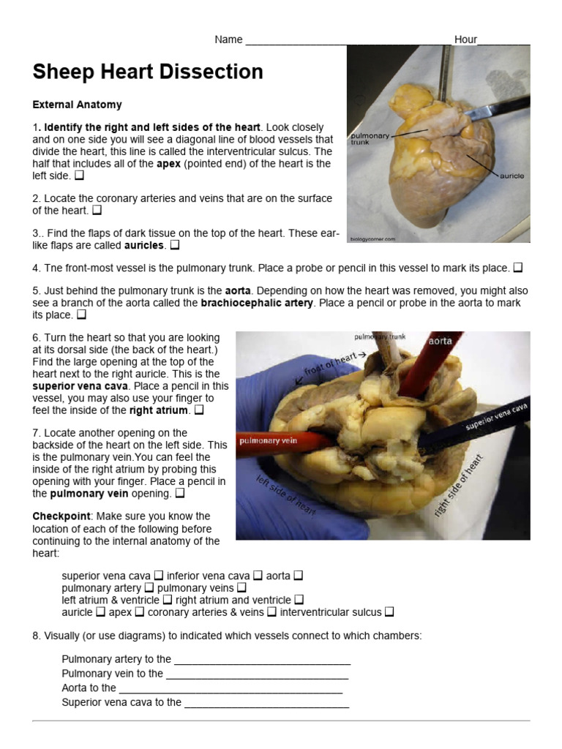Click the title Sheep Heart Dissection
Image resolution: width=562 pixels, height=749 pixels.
pyautogui.click(x=148, y=72)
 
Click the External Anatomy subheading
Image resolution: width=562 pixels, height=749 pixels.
pyautogui.click(x=77, y=105)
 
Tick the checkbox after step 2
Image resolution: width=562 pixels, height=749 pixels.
pyautogui.click(x=97, y=211)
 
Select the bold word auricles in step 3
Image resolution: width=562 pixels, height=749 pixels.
pyautogui.click(x=144, y=246)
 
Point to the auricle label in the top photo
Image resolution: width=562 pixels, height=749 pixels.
pyautogui.click(x=512, y=176)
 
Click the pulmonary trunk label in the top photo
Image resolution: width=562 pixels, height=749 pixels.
pyautogui.click(x=370, y=138)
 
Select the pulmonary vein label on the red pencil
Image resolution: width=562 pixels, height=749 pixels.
pyautogui.click(x=267, y=441)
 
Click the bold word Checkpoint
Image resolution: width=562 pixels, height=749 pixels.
pyautogui.click(x=60, y=516)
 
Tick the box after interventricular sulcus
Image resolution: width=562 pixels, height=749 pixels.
pyautogui.click(x=389, y=612)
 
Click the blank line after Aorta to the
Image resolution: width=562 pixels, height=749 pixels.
pyautogui.click(x=230, y=689)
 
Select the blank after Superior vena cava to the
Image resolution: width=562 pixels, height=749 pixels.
pyautogui.click(x=266, y=704)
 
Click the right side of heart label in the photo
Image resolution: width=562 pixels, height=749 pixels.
pyautogui.click(x=459, y=486)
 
